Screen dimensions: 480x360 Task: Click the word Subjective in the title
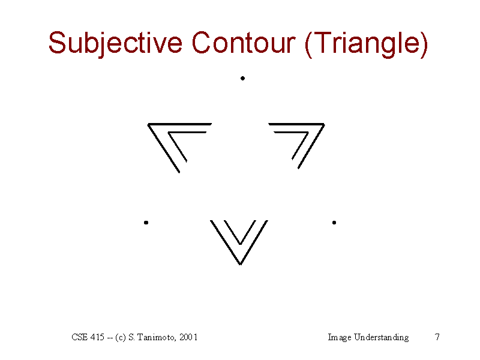pos(115,43)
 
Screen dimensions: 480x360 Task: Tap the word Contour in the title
pos(244,42)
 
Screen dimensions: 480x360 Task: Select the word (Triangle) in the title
pos(366,44)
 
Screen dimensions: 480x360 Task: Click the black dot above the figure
pos(242,79)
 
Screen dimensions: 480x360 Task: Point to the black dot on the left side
pos(146,223)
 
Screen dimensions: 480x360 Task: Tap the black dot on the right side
pos(334,223)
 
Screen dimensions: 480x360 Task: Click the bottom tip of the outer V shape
pos(241,265)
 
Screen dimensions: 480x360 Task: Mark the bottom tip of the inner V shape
pos(241,244)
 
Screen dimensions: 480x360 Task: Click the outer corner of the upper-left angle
pos(148,124)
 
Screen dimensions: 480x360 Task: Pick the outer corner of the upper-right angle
pos(324,124)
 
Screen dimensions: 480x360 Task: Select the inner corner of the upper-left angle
pos(169,133)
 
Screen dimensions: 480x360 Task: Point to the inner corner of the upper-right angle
pos(308,133)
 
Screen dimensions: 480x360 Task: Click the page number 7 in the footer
pos(437,337)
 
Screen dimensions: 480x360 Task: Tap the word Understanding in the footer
pos(381,337)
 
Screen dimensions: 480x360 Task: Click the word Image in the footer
pos(340,338)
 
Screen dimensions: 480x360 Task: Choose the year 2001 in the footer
pos(188,337)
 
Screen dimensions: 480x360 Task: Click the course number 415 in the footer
pos(97,337)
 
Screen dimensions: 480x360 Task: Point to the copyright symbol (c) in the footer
pos(121,337)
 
